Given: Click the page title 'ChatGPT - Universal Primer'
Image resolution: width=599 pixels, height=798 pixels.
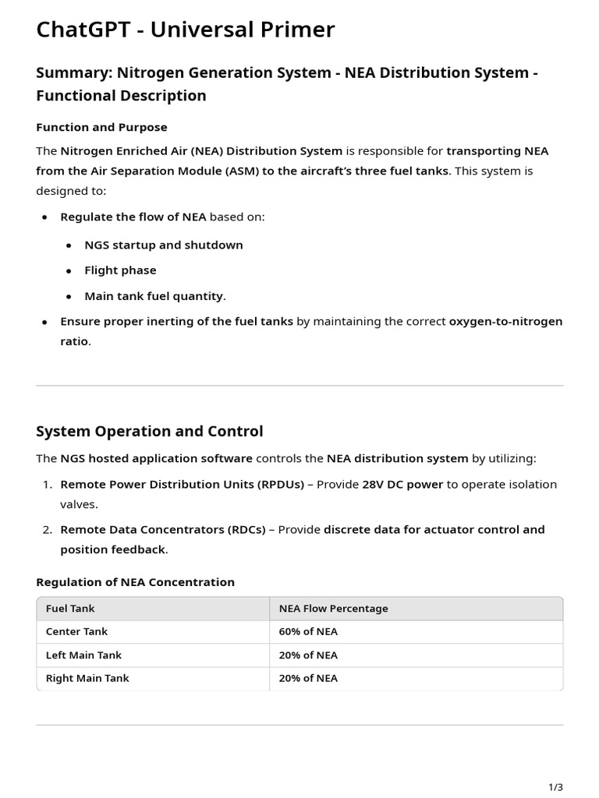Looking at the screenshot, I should coord(185,30).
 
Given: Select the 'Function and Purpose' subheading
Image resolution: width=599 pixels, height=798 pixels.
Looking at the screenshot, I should coord(101,127).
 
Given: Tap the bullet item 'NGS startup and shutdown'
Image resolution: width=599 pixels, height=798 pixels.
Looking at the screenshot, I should coord(164,245).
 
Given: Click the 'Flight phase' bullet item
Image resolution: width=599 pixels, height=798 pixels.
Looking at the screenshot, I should coord(120,270).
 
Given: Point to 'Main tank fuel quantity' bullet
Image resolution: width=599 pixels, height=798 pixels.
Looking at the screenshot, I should coord(154,296).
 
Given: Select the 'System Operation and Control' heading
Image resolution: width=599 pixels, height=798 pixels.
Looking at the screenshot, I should coord(149,431).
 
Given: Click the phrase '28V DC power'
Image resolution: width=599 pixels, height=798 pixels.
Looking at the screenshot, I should coord(402,484).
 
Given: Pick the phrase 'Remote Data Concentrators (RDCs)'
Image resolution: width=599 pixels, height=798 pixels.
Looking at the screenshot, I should coord(162,529).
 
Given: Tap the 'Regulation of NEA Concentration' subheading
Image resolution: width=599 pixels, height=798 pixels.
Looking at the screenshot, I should coord(135,582).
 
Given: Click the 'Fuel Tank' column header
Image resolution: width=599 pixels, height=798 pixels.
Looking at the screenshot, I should coord(70,609).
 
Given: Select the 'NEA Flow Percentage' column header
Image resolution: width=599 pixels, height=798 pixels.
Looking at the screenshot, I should coord(333,609).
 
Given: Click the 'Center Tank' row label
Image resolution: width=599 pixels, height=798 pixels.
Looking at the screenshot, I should coord(76,632).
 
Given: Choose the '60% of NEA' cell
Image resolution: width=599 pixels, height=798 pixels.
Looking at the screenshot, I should coord(308,632).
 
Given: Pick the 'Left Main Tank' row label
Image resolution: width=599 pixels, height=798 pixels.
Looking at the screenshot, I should coord(83,655).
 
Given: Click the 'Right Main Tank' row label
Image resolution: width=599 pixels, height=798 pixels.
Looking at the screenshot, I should coord(87,678).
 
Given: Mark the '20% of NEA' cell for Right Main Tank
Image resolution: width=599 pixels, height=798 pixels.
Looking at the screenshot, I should coord(308,678).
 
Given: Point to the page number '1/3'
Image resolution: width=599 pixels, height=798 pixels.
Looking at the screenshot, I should coord(555,787).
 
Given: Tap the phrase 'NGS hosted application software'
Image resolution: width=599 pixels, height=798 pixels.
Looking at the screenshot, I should coord(156,458).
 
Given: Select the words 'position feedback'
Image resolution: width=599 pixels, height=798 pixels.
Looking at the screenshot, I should coord(112,549).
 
